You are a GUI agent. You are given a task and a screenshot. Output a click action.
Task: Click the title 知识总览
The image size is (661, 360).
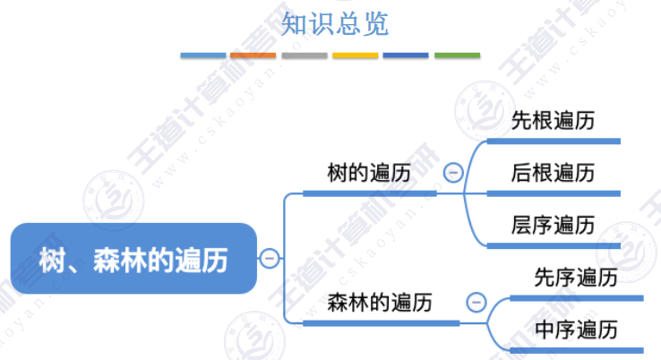(335, 24)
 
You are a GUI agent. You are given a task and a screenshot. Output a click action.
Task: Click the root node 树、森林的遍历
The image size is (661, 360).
(133, 260)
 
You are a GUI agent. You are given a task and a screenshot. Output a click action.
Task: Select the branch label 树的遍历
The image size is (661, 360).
(370, 173)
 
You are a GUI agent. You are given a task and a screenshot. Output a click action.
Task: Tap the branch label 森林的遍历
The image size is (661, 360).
(380, 303)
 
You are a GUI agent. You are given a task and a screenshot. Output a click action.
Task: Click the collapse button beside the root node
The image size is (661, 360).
(270, 260)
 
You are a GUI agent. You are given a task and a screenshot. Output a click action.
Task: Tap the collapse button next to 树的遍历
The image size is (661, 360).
(453, 173)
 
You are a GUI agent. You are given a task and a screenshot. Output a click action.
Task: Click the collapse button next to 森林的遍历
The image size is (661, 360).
(476, 303)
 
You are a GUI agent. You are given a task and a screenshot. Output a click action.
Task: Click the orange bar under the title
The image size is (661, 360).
(253, 56)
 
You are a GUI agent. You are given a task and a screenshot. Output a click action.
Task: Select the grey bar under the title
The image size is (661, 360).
(305, 56)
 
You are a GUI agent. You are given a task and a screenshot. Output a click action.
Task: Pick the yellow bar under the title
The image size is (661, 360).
(356, 56)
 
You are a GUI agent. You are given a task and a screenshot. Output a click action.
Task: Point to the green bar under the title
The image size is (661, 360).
(457, 56)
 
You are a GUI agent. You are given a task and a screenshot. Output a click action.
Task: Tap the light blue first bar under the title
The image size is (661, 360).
(202, 56)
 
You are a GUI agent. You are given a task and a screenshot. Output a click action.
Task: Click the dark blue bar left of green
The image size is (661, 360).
(406, 56)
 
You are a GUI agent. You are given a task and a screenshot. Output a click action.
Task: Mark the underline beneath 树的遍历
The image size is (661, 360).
(370, 193)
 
